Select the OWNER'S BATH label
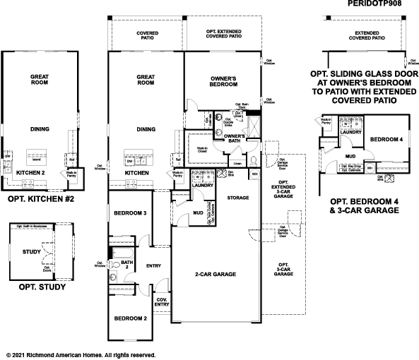[x=234, y=139]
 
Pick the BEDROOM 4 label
[x=386, y=139]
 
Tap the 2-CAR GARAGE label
[x=216, y=273]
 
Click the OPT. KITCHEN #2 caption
[x=40, y=200]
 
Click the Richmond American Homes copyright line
[x=80, y=354]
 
